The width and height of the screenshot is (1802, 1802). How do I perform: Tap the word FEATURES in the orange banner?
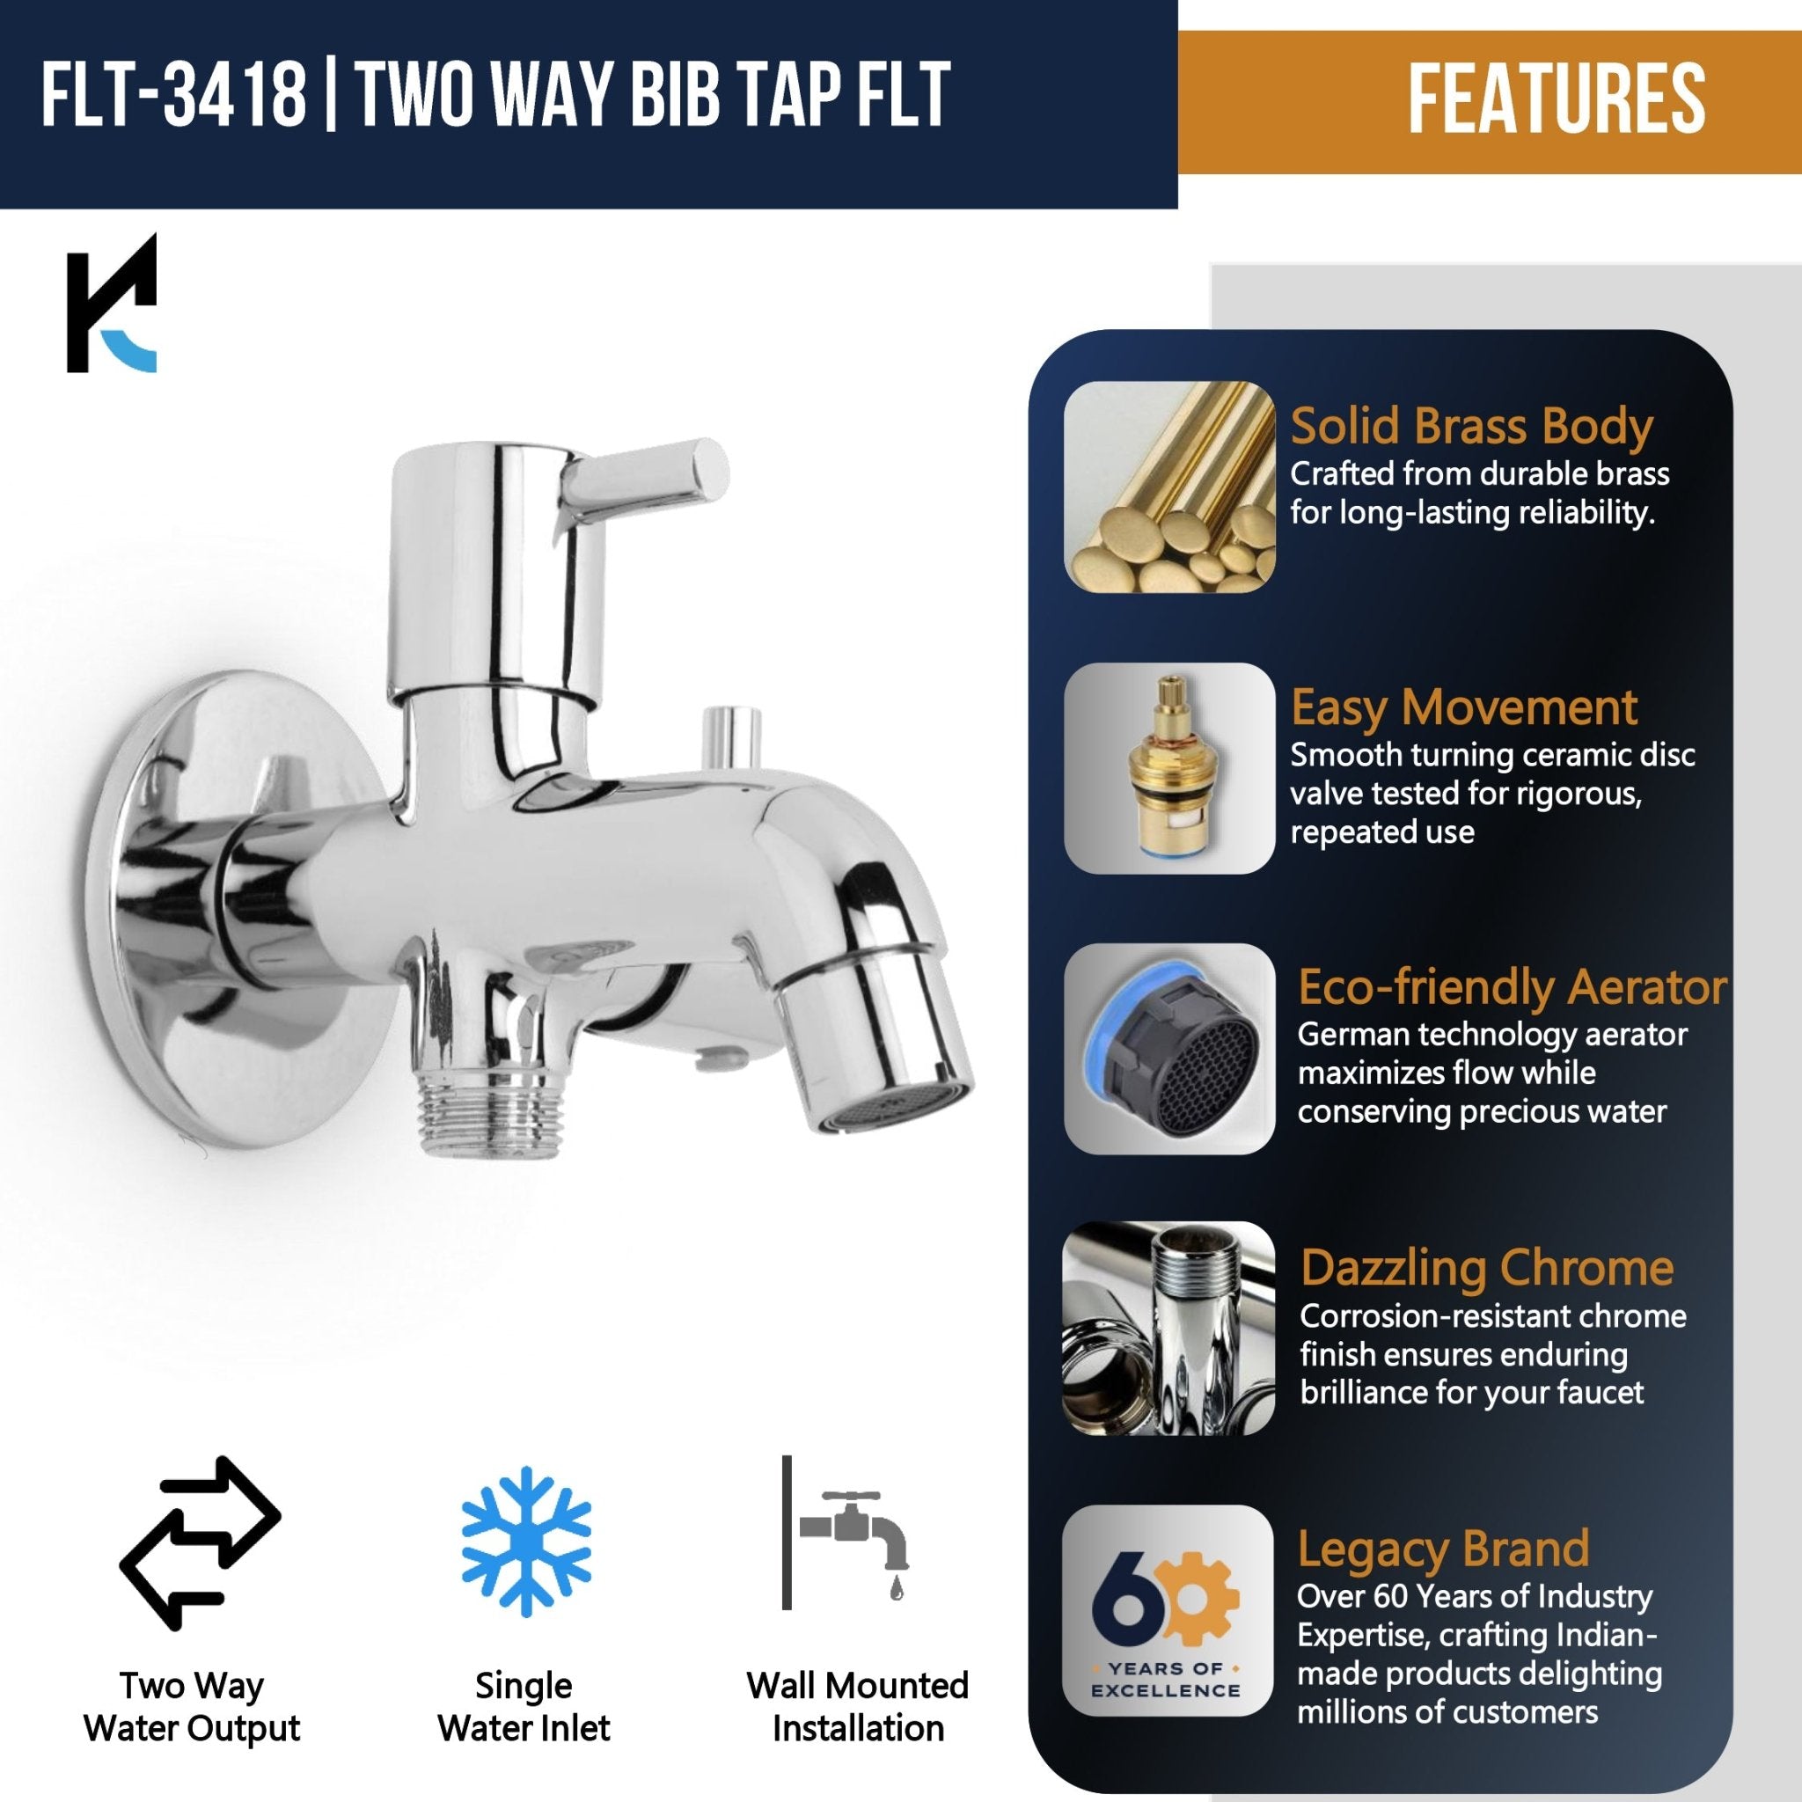click(1556, 100)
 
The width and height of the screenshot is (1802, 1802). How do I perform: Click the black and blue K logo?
click(112, 304)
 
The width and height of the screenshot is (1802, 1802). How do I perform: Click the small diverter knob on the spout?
click(730, 734)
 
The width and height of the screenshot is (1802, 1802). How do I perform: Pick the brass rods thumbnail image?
click(1168, 486)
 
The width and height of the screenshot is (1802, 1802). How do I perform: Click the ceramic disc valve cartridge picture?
click(1168, 767)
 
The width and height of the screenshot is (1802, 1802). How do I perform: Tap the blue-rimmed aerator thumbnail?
click(1168, 1048)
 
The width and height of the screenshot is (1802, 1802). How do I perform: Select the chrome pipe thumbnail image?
click(1168, 1328)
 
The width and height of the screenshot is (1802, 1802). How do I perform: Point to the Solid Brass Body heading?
click(1471, 426)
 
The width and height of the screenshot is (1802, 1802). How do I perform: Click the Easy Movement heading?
click(1463, 707)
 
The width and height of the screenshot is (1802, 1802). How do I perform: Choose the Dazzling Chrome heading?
click(1487, 1268)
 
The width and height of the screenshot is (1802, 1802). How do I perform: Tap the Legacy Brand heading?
click(1443, 1549)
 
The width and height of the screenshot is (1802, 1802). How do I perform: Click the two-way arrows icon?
click(200, 1542)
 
